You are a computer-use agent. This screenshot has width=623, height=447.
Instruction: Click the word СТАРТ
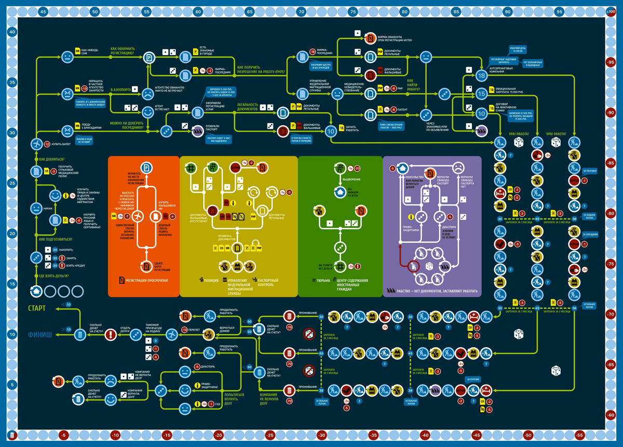(x=37, y=308)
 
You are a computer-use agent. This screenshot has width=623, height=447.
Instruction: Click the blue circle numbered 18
(x=482, y=76)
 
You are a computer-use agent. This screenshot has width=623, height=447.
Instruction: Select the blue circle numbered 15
(x=482, y=94)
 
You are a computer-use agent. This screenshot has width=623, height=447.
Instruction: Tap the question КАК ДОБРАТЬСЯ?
(x=56, y=159)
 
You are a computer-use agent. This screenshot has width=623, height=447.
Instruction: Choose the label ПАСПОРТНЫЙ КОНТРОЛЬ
(x=269, y=283)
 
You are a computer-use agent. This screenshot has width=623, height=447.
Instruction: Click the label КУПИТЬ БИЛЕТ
(x=62, y=144)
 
